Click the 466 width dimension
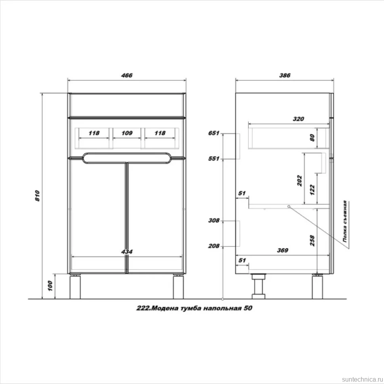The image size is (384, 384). click(x=127, y=76)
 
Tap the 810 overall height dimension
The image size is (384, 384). click(x=37, y=196)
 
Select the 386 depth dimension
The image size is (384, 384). click(x=285, y=76)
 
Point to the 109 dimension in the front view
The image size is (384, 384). click(x=127, y=133)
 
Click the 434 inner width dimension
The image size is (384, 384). click(x=127, y=252)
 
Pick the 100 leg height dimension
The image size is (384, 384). click(x=50, y=286)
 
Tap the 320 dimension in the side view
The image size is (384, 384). click(x=298, y=119)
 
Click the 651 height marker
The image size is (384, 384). click(x=213, y=133)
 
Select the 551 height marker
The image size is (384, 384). click(x=213, y=159)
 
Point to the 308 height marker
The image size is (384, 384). click(x=214, y=221)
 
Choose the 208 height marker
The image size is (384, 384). click(x=214, y=246)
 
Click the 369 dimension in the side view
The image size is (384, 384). click(x=283, y=250)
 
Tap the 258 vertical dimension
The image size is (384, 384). click(x=312, y=240)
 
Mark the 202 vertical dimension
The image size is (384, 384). click(x=300, y=181)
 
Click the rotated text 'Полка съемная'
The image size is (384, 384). click(x=345, y=221)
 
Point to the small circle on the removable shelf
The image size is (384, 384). click(x=289, y=207)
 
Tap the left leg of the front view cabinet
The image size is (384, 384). click(x=75, y=287)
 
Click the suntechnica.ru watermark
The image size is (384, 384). click(x=362, y=379)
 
